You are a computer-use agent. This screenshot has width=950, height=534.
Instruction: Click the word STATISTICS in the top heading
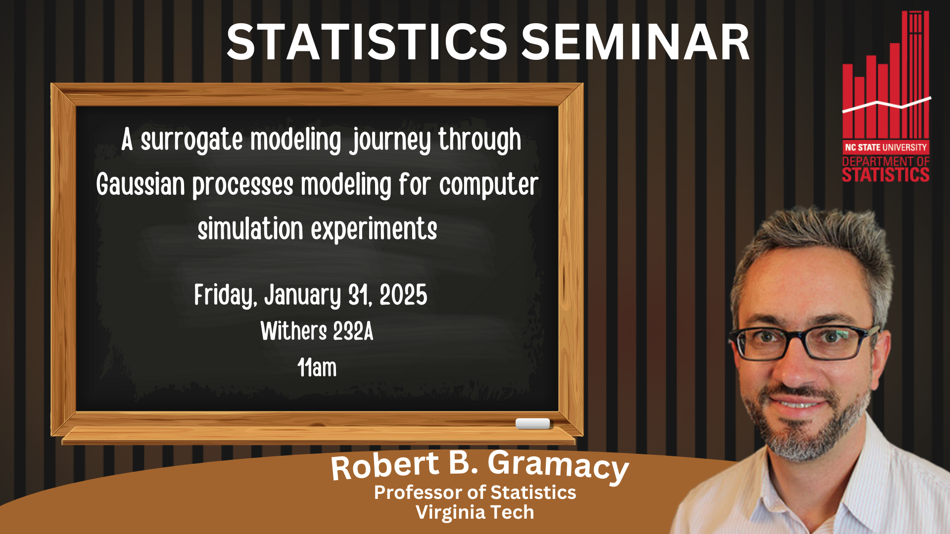point(366,43)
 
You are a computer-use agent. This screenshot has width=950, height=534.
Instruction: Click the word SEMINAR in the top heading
point(635,43)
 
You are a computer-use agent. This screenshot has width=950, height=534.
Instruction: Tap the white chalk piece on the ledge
point(532,423)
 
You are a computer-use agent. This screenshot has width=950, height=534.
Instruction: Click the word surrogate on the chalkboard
point(191,140)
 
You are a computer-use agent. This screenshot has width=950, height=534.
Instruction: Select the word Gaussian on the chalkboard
point(141,185)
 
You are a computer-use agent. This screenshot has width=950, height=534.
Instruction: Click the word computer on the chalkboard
point(488,185)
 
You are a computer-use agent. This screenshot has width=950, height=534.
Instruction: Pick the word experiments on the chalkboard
point(374,229)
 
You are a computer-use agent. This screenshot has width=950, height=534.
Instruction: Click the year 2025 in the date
point(403,296)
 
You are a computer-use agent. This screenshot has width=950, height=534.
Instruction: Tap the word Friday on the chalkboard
point(225,296)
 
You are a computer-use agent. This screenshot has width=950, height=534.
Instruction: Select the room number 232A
point(353,331)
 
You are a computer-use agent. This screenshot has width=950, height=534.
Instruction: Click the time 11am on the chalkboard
point(317,368)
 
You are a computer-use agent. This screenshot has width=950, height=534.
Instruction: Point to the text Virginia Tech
point(475,512)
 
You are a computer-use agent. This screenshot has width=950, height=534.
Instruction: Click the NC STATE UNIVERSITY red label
point(886,147)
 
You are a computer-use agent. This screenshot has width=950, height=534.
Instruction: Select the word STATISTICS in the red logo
point(886,175)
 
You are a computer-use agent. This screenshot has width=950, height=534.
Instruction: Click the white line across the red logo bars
point(886,104)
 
